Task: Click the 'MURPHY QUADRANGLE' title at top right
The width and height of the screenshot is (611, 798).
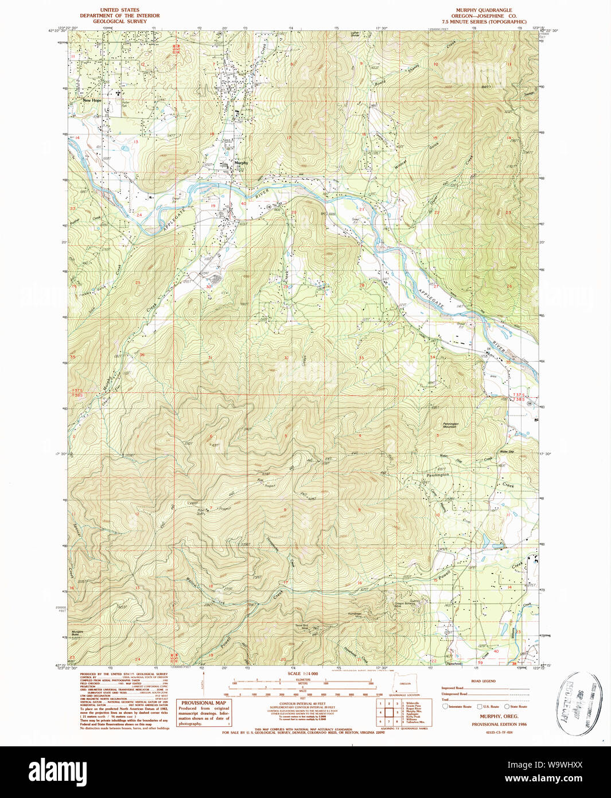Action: (484, 10)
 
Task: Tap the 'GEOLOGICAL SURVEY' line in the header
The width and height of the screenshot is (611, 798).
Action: (119, 21)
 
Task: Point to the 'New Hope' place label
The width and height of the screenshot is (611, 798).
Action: (92, 100)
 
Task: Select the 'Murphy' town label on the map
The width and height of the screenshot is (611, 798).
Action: (241, 163)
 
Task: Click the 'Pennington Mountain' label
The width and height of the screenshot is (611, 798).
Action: (450, 425)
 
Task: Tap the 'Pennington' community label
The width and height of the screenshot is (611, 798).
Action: (438, 475)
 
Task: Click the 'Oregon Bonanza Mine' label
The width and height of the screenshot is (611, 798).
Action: (404, 603)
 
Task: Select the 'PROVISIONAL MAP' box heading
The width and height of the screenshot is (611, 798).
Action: (204, 703)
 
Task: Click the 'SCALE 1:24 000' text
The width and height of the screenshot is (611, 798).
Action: (302, 674)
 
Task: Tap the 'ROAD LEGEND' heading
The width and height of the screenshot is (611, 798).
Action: (483, 681)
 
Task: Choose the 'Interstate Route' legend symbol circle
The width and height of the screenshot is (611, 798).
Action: (445, 706)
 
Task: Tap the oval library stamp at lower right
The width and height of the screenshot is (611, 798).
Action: (575, 703)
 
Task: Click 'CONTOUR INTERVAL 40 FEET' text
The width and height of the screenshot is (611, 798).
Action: (302, 703)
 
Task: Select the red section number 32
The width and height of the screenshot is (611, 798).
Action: (286, 358)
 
